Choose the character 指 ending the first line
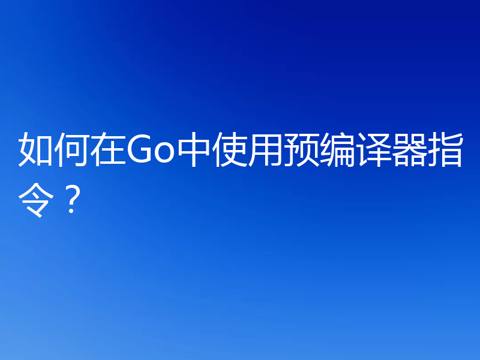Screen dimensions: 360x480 click(446, 151)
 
